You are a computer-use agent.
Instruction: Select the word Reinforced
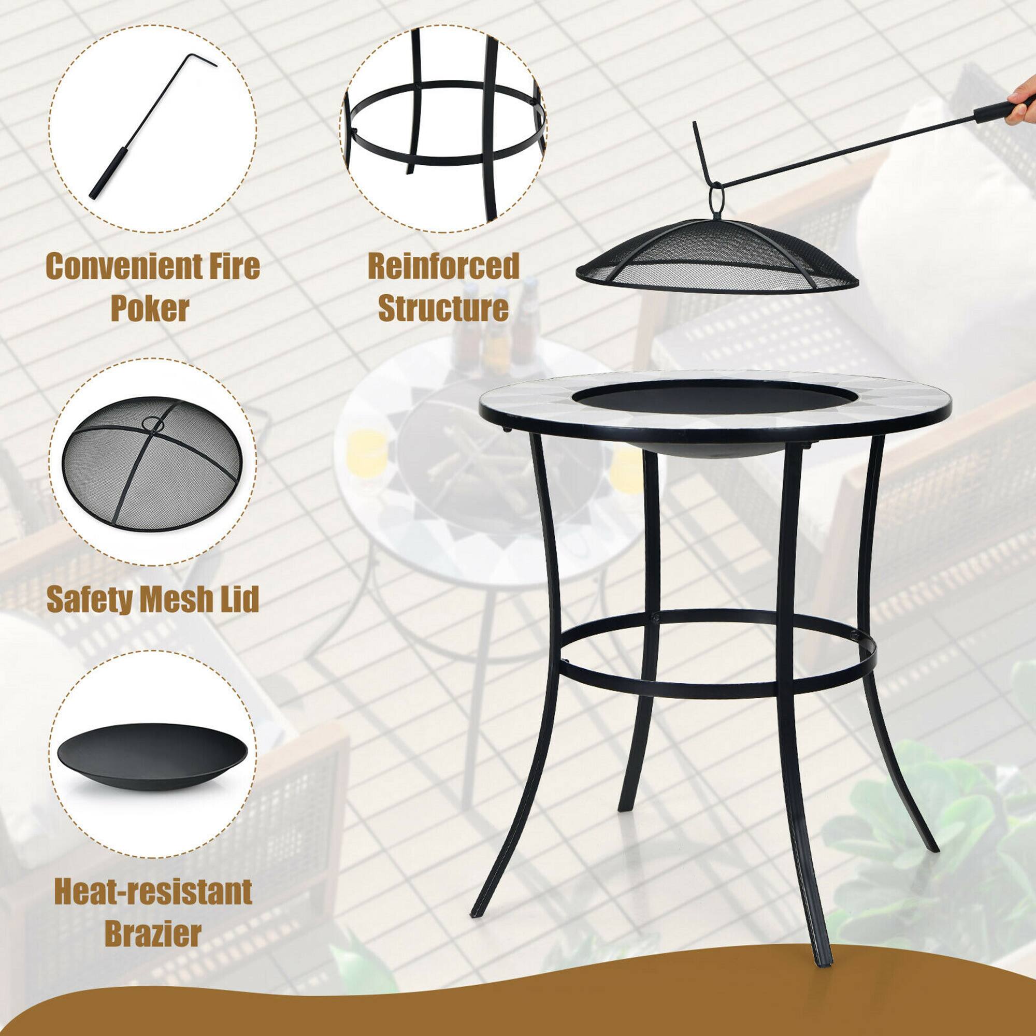coord(443,266)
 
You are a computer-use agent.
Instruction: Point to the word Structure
coord(443,308)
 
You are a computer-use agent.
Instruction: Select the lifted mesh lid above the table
coord(716,257)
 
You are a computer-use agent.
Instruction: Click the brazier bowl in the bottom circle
coord(152,756)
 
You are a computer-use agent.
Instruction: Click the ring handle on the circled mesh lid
coord(153,424)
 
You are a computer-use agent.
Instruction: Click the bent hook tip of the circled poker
coord(201,58)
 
